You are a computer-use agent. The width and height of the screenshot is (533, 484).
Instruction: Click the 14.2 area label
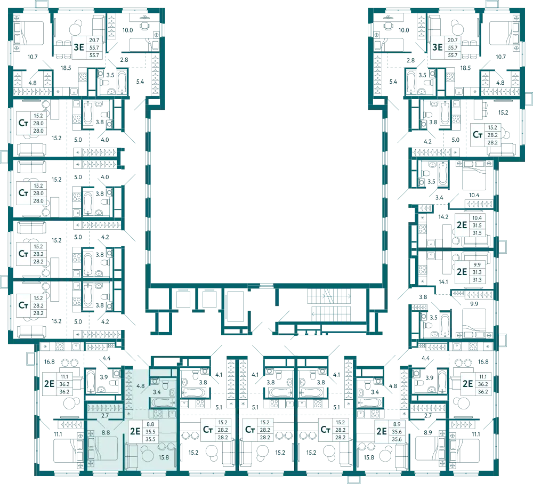coord(443,217)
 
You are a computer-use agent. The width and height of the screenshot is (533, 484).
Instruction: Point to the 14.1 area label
coord(443,282)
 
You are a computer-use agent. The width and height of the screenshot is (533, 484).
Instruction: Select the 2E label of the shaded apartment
coord(135,431)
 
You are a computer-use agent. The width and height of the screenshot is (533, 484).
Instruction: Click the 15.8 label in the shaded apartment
coord(164,457)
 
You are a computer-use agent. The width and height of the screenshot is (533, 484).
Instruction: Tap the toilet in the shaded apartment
coord(166,385)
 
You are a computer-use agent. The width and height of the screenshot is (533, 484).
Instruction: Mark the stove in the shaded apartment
coord(158,413)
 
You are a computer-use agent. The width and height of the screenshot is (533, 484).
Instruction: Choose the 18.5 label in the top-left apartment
coord(66,68)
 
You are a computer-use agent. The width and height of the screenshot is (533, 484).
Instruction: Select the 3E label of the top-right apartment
coord(437,47)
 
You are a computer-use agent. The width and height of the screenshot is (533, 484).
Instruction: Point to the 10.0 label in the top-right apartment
coord(404,30)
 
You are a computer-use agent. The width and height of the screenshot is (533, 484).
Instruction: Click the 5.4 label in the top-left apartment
coord(140,82)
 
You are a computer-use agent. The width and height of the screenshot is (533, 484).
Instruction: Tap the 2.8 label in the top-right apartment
coord(410,60)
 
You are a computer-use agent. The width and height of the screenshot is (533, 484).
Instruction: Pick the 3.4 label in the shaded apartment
coord(157,392)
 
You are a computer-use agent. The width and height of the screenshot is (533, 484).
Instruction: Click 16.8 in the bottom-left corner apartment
coord(49,361)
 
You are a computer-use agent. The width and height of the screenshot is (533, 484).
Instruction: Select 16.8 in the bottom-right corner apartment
coord(483,361)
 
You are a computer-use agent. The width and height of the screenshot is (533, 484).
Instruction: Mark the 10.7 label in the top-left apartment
coord(33,57)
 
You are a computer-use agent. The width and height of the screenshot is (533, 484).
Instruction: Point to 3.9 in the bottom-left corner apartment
coord(104,377)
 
